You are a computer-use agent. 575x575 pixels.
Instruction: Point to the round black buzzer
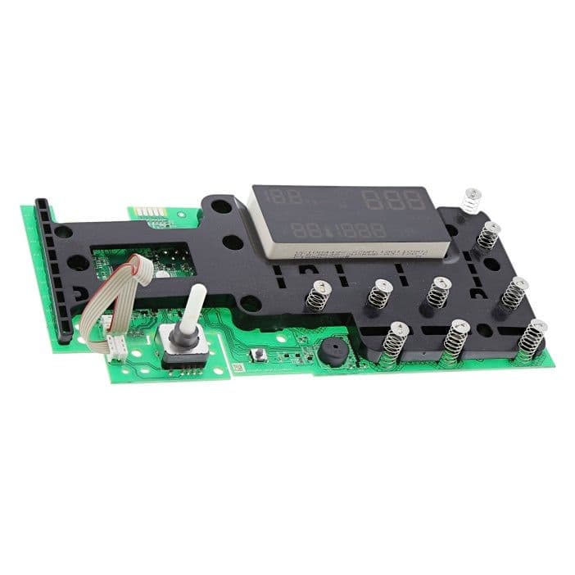point(331,347)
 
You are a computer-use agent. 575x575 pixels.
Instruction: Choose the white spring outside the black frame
point(471,198)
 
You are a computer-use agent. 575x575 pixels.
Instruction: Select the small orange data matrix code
point(238,369)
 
